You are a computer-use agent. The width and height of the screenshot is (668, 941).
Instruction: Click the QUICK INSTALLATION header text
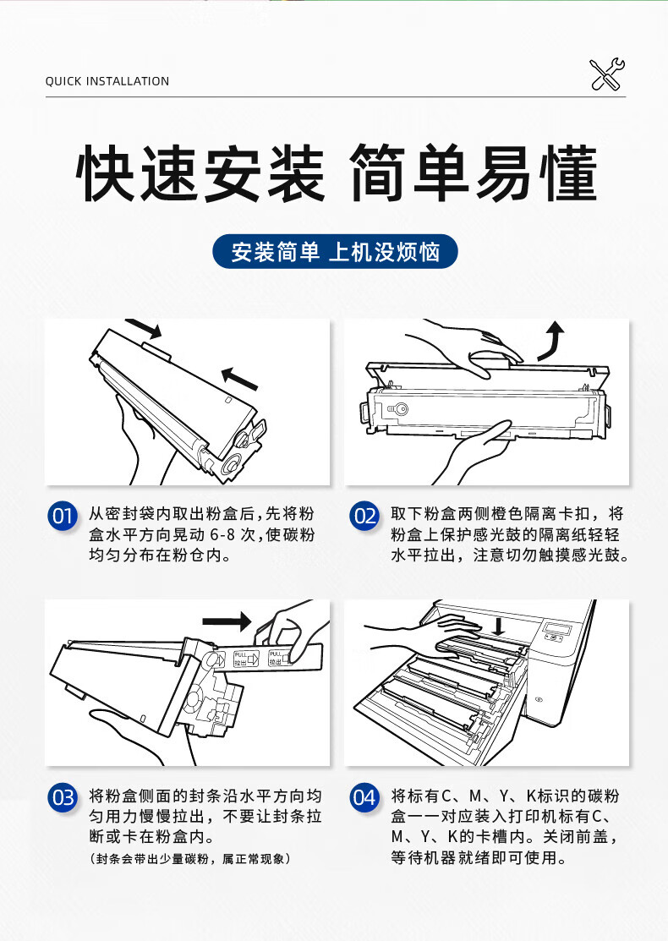pyautogui.click(x=107, y=81)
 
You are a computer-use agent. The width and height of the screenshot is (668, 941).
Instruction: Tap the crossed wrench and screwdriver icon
pyautogui.click(x=607, y=74)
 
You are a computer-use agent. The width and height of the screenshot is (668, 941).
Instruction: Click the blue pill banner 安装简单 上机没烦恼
pyautogui.click(x=335, y=251)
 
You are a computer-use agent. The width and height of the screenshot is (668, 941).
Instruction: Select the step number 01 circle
pyautogui.click(x=63, y=516)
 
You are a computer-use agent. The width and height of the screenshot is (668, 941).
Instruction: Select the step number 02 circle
pyautogui.click(x=364, y=516)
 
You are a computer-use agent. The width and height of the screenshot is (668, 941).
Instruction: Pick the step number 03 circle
pyautogui.click(x=63, y=797)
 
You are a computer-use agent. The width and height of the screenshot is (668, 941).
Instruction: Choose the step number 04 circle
pyautogui.click(x=364, y=797)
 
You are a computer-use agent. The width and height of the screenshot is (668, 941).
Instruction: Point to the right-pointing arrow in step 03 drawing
pyautogui.click(x=227, y=621)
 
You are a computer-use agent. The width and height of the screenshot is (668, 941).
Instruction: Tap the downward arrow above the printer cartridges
pyautogui.click(x=498, y=626)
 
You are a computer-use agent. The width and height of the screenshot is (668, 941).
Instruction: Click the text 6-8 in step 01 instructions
pyautogui.click(x=222, y=534)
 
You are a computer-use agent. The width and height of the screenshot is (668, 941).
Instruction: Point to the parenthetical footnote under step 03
pyautogui.click(x=190, y=859)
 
